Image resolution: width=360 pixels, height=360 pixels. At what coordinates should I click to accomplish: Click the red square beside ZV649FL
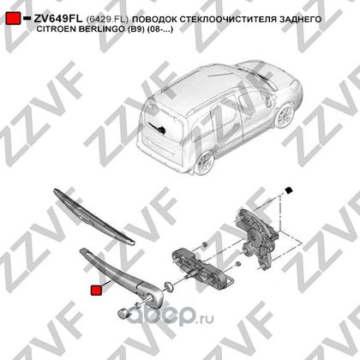click(x=13, y=18)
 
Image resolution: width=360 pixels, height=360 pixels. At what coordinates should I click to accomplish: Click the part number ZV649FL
click(x=58, y=19)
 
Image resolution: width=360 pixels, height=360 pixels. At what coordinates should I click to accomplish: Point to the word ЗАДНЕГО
click(x=300, y=19)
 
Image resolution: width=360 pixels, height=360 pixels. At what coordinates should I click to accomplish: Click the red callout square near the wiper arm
click(x=96, y=291)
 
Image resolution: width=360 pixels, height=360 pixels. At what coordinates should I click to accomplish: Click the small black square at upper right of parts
click(x=289, y=190)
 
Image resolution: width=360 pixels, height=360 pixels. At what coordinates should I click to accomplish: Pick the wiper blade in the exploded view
click(x=93, y=216)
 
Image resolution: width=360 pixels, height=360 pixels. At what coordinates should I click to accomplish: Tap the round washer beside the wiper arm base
click(x=169, y=286)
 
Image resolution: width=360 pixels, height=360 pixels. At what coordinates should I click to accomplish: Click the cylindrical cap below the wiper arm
click(x=123, y=314)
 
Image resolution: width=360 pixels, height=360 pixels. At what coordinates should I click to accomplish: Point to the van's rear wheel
click(x=205, y=163)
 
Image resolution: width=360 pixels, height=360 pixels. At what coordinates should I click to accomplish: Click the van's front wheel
click(x=285, y=116)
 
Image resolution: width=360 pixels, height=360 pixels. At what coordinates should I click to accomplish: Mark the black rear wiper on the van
click(x=158, y=128)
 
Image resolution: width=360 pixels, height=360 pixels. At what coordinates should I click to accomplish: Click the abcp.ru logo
click(x=171, y=316)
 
